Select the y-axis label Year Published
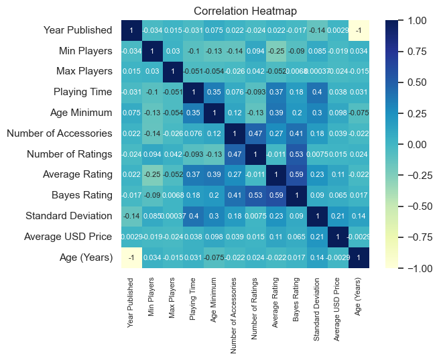click(x=77, y=30)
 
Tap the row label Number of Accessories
click(x=59, y=133)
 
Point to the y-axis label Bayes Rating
click(x=81, y=196)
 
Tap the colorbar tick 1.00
click(x=416, y=20)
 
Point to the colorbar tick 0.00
click(x=416, y=144)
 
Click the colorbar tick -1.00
click(x=415, y=268)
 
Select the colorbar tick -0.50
click(x=415, y=206)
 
